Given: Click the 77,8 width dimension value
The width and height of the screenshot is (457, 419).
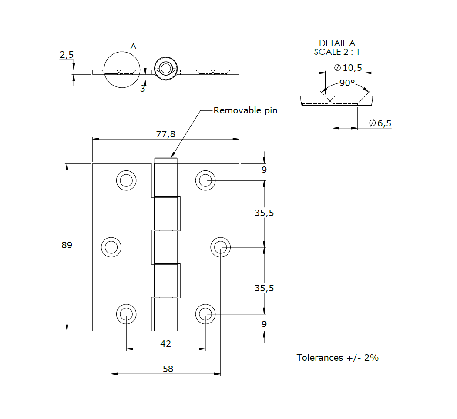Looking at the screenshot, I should coord(165,134).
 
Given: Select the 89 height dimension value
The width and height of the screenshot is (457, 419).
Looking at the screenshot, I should coord(67,245).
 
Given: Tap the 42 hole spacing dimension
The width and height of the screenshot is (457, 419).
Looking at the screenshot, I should coord(165,344).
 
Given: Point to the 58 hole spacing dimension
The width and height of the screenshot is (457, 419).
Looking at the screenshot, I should coord(168,369).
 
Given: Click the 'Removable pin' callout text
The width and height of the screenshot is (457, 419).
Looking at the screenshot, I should coord(245,110).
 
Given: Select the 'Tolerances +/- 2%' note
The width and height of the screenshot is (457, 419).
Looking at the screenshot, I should coord(337,358).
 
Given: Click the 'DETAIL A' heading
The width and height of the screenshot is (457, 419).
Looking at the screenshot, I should coord(337,43).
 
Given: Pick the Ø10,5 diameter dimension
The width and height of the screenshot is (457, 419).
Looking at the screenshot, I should coord(348,67).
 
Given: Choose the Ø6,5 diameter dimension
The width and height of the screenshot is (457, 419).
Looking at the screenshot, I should coord(380,123).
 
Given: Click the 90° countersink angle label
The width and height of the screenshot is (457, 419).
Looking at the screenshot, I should coord(347,83).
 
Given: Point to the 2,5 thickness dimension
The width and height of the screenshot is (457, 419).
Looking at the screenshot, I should coord(67,55).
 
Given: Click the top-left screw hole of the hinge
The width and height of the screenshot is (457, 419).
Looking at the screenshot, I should coord(126,180).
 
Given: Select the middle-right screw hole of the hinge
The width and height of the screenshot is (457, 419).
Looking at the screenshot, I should coord(220,247).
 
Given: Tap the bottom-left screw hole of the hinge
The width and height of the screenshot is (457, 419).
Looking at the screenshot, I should coord(126,314).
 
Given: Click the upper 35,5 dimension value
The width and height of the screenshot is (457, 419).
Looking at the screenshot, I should coord(264,213).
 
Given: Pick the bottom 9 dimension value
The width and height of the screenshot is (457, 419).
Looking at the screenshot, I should coord(264,324).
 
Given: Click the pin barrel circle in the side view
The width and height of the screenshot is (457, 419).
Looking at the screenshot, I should coord(165,68).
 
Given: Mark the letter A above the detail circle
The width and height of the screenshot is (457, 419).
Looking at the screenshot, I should coord(134,46).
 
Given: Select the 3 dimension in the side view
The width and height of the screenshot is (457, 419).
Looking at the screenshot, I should coord(142,89).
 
